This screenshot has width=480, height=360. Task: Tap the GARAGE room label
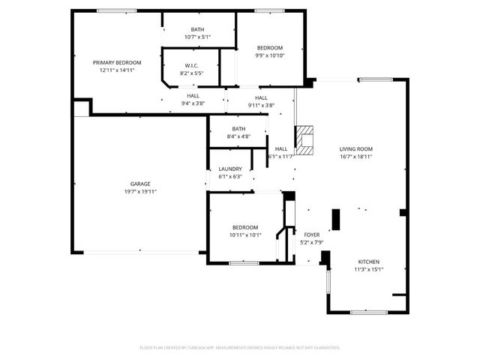point(140,184)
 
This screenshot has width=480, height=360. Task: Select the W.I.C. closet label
point(190,65)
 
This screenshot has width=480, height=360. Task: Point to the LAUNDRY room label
point(229,169)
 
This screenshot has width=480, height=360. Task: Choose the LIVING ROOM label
point(356,149)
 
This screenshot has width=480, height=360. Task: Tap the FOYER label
point(311,235)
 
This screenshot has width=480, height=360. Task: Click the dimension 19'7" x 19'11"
point(140,191)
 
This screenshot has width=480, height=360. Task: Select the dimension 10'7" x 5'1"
point(197,37)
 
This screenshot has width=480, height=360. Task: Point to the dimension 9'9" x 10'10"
point(270,55)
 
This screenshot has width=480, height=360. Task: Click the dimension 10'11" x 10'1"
point(245,235)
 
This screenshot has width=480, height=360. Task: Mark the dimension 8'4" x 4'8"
point(238,136)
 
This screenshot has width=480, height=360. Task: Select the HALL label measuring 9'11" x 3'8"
point(261,98)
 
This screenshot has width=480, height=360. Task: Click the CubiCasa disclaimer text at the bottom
point(240,347)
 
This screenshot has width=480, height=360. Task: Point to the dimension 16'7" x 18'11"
point(356,157)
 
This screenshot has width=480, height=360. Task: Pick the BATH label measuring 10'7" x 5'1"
point(197,29)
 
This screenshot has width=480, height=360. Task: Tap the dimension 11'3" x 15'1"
point(368,270)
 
